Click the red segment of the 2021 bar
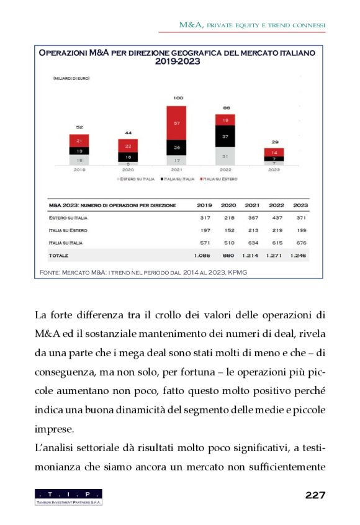[177, 123]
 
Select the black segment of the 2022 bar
[225, 136]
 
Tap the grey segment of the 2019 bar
[79, 159]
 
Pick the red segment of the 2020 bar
[128, 146]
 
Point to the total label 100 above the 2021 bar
[178, 98]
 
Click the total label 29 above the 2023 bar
[274, 141]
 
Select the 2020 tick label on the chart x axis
[128, 169]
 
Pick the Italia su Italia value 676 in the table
[300, 243]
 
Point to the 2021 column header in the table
[252, 205]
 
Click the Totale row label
[59, 255]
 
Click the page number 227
[315, 495]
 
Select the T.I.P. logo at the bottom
[69, 496]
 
